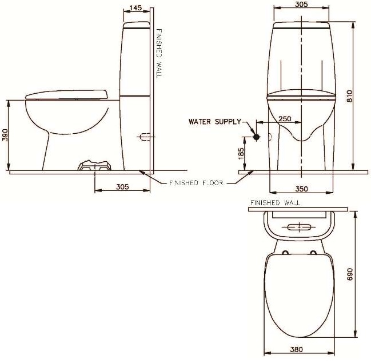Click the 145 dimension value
pyautogui.click(x=136, y=7)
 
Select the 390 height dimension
pyautogui.click(x=5, y=135)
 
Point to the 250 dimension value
pyautogui.click(x=284, y=118)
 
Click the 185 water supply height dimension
pyautogui.click(x=241, y=153)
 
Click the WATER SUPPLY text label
pyautogui.click(x=216, y=122)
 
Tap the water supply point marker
pyautogui.click(x=257, y=137)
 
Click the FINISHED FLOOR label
pyautogui.click(x=191, y=183)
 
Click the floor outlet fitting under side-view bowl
pyautogui.click(x=93, y=166)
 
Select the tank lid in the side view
pyautogui.click(x=137, y=25)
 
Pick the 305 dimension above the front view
pyautogui.click(x=301, y=4)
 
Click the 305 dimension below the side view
pyautogui.click(x=121, y=187)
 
